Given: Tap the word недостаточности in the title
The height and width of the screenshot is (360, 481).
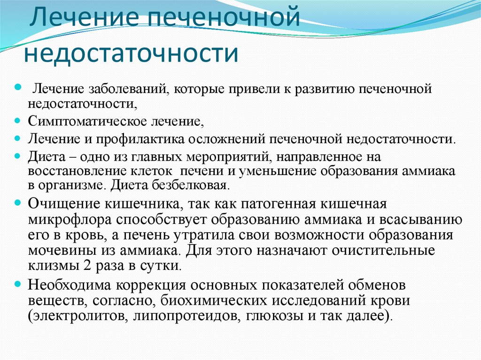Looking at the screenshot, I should tap(132, 53).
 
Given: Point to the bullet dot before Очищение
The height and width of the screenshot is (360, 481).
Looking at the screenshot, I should tap(18, 202).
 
